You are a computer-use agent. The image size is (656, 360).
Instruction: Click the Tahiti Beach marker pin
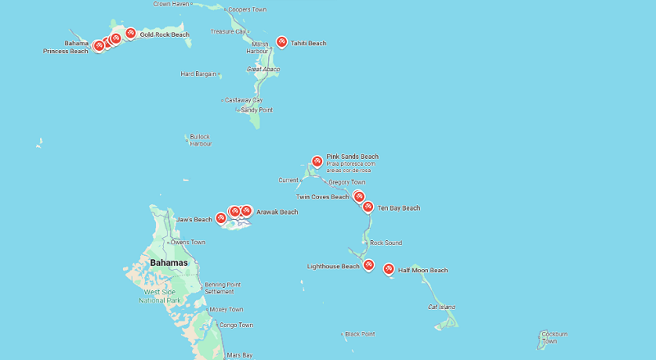click(282, 42)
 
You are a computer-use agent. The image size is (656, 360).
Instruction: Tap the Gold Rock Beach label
click(164, 34)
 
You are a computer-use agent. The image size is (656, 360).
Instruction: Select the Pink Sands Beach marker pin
click(317, 161)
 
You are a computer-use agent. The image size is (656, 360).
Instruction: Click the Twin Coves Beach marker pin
click(358, 196)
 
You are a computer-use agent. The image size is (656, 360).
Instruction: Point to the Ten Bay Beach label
click(399, 208)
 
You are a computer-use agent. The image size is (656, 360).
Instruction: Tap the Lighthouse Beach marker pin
click(369, 265)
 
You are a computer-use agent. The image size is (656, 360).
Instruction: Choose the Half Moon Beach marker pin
click(389, 268)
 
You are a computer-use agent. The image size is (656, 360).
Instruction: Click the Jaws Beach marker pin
click(221, 217)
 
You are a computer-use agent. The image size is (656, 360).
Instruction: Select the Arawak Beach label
click(277, 212)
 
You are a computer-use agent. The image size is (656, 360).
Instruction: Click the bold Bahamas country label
click(168, 262)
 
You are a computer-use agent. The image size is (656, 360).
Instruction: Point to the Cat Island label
click(441, 307)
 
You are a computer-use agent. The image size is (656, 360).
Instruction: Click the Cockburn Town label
click(554, 337)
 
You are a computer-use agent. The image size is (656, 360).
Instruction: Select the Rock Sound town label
click(385, 243)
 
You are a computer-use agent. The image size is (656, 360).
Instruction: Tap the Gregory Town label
click(346, 182)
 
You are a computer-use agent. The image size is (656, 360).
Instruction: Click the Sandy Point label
click(257, 110)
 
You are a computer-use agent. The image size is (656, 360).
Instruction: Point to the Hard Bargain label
click(199, 74)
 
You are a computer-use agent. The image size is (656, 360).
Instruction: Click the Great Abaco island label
click(263, 69)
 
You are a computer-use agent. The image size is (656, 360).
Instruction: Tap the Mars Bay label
click(239, 355)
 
